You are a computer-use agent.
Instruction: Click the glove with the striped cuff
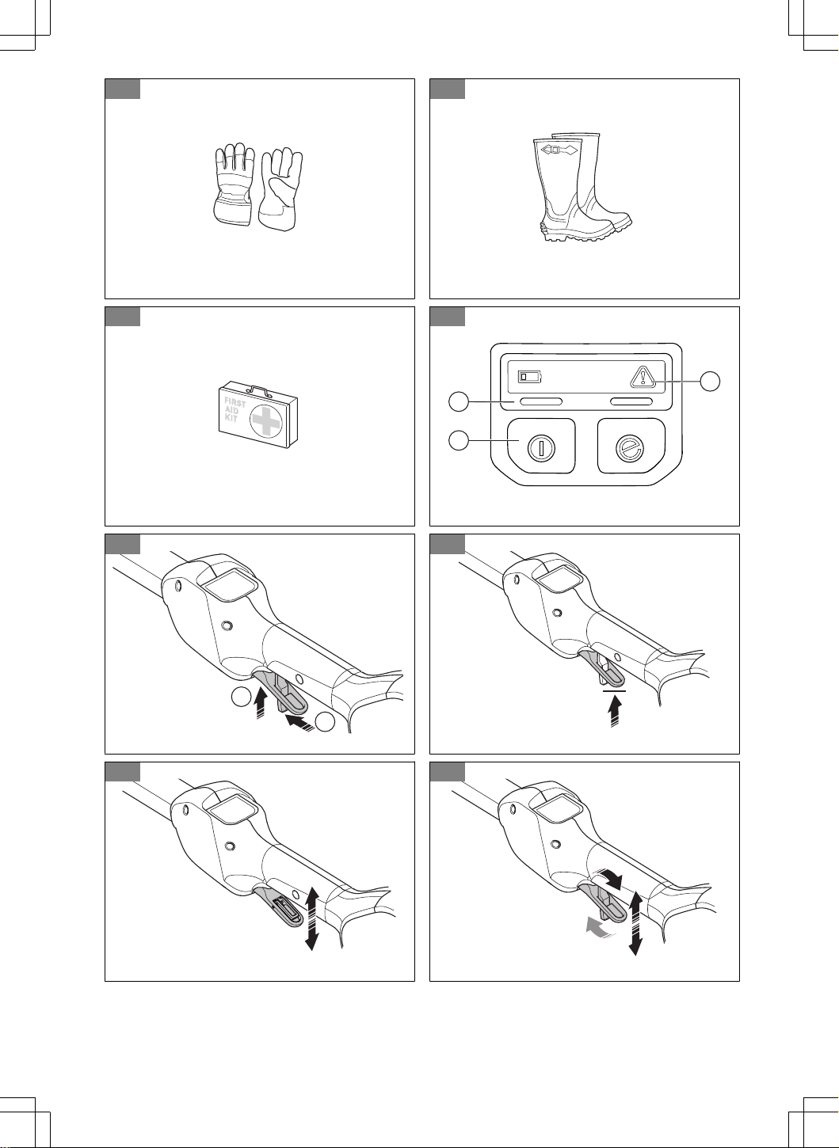pos(234,184)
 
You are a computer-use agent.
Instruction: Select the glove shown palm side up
pos(281,188)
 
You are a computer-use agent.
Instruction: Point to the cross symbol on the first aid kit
pos(265,420)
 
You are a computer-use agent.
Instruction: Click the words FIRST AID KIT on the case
pos(235,409)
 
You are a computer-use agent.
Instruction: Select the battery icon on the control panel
pos(530,377)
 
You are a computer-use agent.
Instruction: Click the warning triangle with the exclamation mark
pos(643,377)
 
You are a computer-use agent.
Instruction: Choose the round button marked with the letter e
pos(630,447)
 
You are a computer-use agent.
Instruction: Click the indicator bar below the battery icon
pos(541,402)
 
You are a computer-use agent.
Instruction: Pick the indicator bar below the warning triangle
pos(631,402)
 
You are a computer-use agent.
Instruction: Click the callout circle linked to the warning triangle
pos(711,381)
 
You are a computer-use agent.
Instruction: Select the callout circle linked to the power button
pos(459,440)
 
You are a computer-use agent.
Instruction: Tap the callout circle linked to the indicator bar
pos(459,401)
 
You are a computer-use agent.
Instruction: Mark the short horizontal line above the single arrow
pos(614,690)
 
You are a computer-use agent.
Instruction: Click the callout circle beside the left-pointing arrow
pos(325,721)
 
